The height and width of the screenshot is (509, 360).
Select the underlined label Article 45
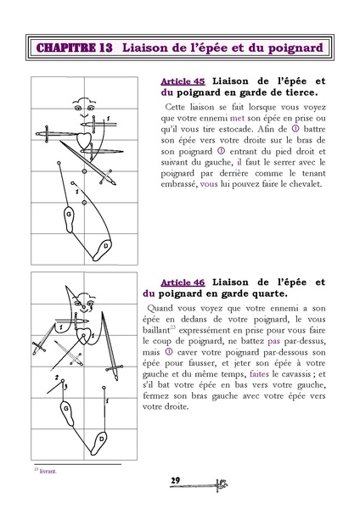180,81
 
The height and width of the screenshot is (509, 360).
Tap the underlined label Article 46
180,281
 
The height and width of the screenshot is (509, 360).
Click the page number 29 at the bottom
177,482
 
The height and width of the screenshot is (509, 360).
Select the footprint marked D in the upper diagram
106,247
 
